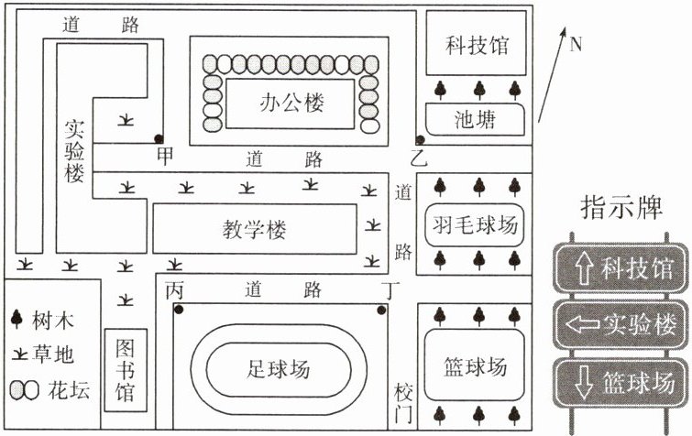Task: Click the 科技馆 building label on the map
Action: pos(477,45)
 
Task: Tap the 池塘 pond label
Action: pos(476,119)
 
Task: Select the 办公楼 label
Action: pos(291,103)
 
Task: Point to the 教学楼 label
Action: pos(254,229)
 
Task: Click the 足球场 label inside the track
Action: pos(278,368)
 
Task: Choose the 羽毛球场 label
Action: pos(475,224)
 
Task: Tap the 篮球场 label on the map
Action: pos(475,366)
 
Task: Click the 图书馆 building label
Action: pos(126,370)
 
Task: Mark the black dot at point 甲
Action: pos(159,139)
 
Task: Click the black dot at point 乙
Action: pos(420,140)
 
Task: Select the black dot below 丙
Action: pos(179,310)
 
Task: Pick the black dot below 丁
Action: pos(382,311)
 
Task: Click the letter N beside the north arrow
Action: pos(576,44)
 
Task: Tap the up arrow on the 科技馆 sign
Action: pos(585,268)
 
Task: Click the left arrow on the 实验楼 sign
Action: pos(582,325)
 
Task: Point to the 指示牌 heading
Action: pos(621,207)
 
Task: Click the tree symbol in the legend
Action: pos(16,318)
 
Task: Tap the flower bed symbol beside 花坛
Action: pos(24,390)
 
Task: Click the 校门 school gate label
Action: pos(404,404)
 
